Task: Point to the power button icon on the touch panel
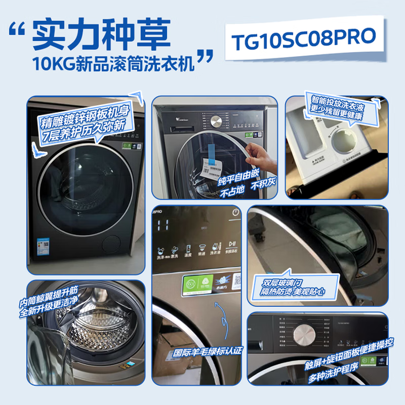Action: tap(234, 213)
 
